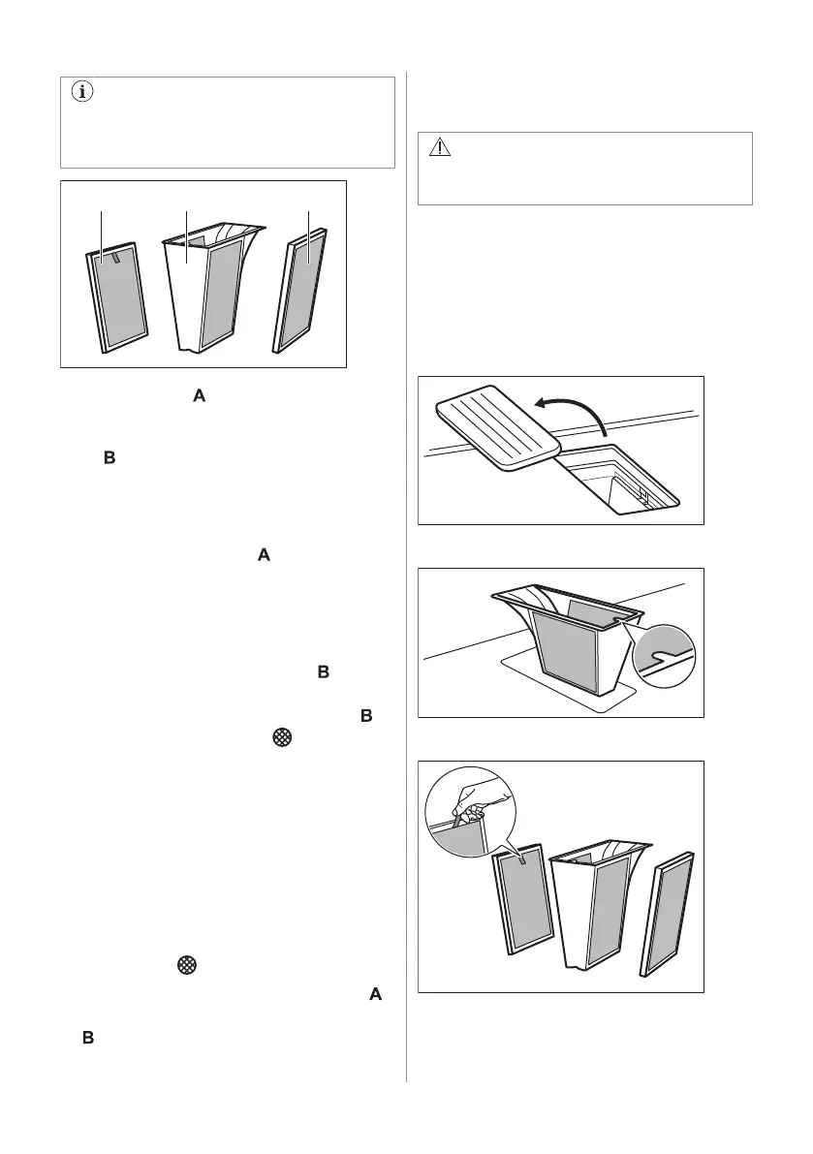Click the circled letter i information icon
(82, 92)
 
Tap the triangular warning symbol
(439, 147)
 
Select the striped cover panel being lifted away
(498, 427)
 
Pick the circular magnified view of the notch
(664, 656)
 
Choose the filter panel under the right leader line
(299, 290)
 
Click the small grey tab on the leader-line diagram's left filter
(117, 255)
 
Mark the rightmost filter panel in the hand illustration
(667, 914)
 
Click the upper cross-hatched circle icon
(282, 736)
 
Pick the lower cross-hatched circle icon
(187, 965)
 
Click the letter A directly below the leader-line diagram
(199, 396)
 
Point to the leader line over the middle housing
(186, 236)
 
